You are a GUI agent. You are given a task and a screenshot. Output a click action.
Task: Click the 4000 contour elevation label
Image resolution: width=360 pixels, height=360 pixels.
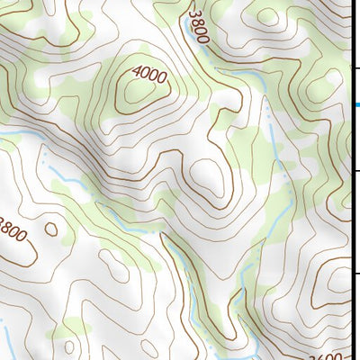(149, 76)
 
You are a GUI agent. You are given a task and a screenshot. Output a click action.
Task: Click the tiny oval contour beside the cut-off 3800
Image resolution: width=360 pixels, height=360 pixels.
(50, 229)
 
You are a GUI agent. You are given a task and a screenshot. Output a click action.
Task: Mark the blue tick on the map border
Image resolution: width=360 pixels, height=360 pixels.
(356, 105)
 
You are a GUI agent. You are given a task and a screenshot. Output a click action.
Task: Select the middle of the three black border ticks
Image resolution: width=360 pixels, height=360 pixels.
(355, 170)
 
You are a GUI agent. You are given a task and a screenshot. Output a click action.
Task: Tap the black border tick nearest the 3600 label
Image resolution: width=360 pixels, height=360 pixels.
(355, 274)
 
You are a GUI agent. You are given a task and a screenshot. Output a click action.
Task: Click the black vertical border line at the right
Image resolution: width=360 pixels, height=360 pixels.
(352, 225)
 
